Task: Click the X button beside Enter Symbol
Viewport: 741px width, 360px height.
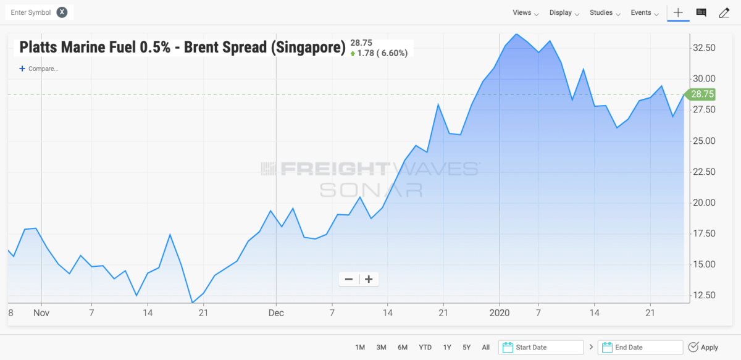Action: click(62, 12)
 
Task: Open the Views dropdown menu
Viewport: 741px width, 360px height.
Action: click(525, 13)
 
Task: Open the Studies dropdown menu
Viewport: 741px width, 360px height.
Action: click(605, 13)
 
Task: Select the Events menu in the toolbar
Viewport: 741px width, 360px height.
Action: click(645, 13)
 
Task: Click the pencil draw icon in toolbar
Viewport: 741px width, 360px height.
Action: click(724, 12)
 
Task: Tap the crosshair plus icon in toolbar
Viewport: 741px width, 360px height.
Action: click(678, 12)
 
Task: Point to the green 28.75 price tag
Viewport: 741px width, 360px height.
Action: click(701, 94)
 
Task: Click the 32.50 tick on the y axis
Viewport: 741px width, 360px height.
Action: click(703, 48)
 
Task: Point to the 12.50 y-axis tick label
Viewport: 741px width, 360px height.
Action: click(703, 295)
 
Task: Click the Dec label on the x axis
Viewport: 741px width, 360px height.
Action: click(276, 313)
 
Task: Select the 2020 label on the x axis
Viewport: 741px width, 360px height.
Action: click(499, 313)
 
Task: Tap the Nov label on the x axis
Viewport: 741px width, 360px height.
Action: click(41, 313)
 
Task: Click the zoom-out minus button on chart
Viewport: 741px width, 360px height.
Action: click(349, 279)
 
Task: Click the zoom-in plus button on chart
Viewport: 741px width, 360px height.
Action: click(369, 279)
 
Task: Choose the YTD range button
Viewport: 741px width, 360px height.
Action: click(425, 348)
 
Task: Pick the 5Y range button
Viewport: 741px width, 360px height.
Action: click(467, 348)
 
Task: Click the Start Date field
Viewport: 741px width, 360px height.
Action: click(542, 348)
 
